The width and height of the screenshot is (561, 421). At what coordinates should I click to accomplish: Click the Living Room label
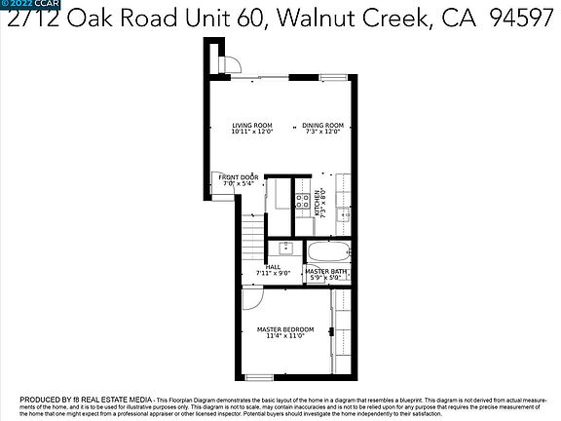coord(251,125)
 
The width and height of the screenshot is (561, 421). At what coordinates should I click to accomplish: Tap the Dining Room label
coord(321,125)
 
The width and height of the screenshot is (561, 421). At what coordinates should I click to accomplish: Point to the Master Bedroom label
coord(280,329)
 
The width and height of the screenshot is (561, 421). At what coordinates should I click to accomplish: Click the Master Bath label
coord(326,271)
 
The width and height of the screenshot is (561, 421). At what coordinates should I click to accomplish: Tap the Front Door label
coord(239,177)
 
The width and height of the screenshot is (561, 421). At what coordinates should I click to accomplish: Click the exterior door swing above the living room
coord(230,64)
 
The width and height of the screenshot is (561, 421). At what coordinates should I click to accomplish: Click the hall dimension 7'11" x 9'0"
coord(273,274)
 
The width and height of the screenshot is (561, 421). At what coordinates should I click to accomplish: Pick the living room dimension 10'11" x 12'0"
coord(251,133)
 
